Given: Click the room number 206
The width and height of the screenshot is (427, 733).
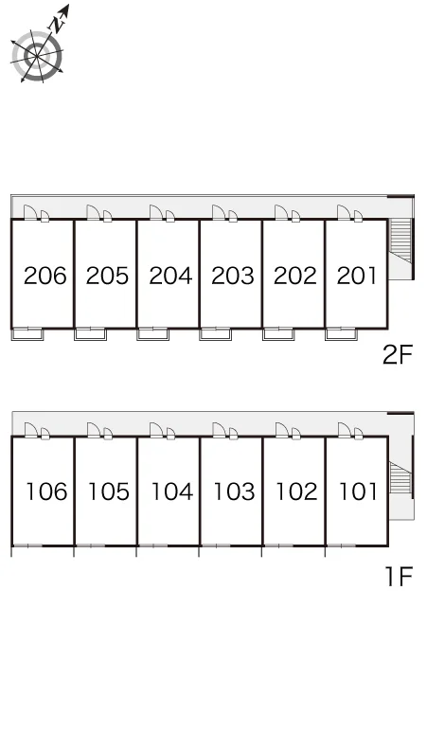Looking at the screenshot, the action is pos(45,276).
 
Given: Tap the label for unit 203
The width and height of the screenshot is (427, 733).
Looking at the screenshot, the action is pos(233,276).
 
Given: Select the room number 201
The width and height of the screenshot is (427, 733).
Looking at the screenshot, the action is pos(356,276).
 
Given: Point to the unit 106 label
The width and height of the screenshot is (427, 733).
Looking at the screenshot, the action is pos(46,492).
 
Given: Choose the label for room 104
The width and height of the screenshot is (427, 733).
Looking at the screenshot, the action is pos(171,492).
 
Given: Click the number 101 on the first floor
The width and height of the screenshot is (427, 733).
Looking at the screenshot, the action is pos(357,492).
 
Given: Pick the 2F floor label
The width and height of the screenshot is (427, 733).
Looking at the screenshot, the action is pos(398,355).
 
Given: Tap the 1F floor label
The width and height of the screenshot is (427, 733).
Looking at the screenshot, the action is pos(399,576).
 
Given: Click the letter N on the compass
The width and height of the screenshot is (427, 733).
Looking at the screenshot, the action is pos(58,24).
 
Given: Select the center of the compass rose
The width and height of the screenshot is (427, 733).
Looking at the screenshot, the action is pos(37,56).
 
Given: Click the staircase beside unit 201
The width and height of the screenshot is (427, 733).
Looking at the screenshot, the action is pos(400,241).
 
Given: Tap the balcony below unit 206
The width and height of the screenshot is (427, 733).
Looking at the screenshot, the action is pos(27,334).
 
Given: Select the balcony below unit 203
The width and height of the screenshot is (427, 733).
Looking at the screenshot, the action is pos(215,334).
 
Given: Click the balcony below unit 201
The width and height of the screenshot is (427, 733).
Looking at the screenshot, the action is pos(341,334).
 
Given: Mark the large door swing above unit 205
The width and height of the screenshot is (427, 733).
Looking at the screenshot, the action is pos(94,212).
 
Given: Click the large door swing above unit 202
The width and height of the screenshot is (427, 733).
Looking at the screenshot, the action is pos(281,212).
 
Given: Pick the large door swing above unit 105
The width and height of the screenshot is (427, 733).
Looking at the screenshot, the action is pos(94,430).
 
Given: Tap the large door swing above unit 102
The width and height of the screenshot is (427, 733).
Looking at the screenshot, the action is pos(282,430).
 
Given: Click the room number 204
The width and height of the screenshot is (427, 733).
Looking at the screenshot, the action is pos(170,276).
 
